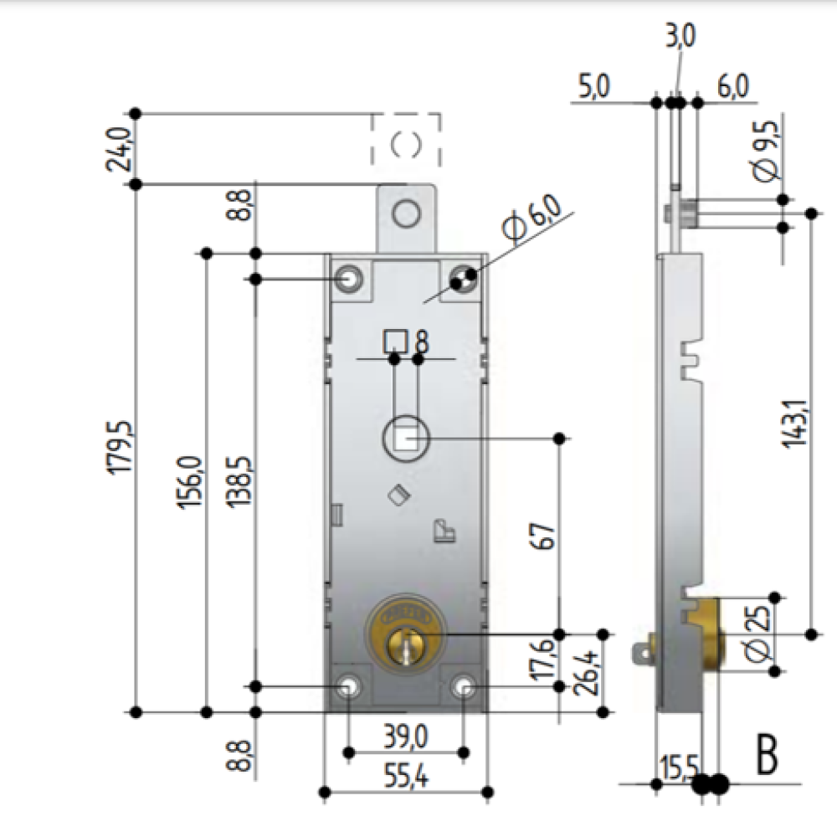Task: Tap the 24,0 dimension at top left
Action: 119,148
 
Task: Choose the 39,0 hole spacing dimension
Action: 406,737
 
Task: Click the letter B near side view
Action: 767,755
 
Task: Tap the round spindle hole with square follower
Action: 405,437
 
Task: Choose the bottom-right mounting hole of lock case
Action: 465,686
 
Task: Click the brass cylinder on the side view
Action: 711,634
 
